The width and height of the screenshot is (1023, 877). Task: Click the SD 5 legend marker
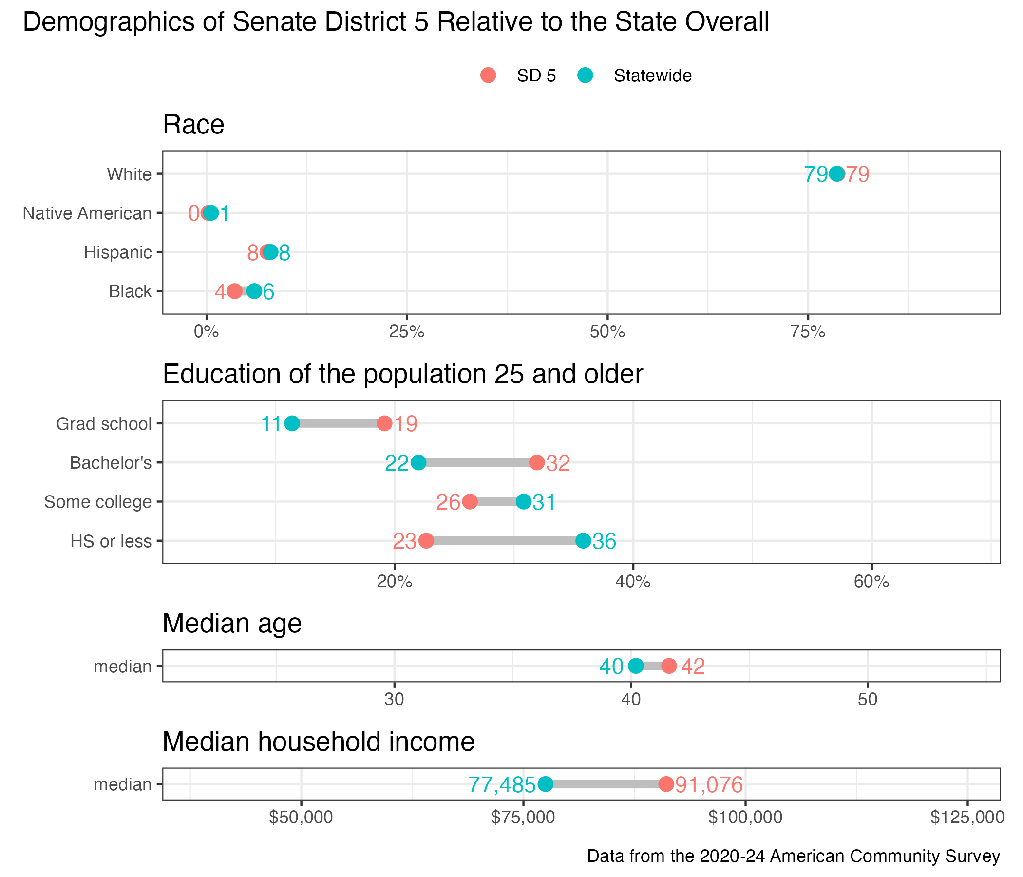click(x=488, y=76)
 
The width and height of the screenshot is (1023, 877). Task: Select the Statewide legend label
click(x=652, y=76)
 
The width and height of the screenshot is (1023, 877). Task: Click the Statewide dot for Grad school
click(x=292, y=424)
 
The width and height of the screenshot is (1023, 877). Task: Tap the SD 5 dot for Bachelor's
click(x=537, y=463)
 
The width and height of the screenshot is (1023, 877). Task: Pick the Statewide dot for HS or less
click(x=583, y=541)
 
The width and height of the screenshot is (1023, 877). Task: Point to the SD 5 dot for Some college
click(x=470, y=502)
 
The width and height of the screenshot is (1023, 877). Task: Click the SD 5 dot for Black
click(x=234, y=291)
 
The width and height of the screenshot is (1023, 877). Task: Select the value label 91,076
click(x=708, y=784)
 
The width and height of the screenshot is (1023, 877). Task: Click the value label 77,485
click(x=502, y=784)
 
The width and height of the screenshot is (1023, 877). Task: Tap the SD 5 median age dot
click(x=668, y=666)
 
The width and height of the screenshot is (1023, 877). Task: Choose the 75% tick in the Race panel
click(x=808, y=332)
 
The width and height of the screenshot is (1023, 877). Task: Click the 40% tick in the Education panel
click(x=632, y=582)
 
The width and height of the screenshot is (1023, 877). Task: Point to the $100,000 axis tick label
click(x=745, y=817)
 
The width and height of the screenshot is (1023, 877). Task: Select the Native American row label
click(x=87, y=213)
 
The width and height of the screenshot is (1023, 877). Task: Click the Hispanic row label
click(x=117, y=252)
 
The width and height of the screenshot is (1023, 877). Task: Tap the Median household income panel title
click(x=319, y=742)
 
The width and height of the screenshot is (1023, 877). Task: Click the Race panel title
click(x=193, y=124)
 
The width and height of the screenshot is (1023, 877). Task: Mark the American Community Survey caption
click(x=794, y=856)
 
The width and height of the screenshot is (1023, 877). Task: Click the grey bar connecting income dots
click(x=606, y=784)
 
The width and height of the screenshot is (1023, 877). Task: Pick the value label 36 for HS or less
click(x=605, y=542)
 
